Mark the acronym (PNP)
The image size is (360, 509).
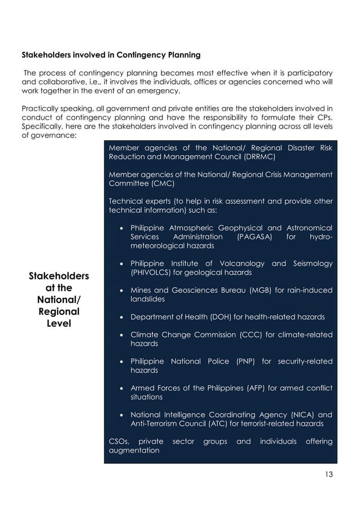(243, 361)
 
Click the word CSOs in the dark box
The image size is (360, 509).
(118, 441)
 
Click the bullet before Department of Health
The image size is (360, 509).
(122, 317)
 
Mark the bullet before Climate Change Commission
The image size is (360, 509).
(122, 334)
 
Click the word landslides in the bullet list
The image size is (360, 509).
(150, 299)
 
